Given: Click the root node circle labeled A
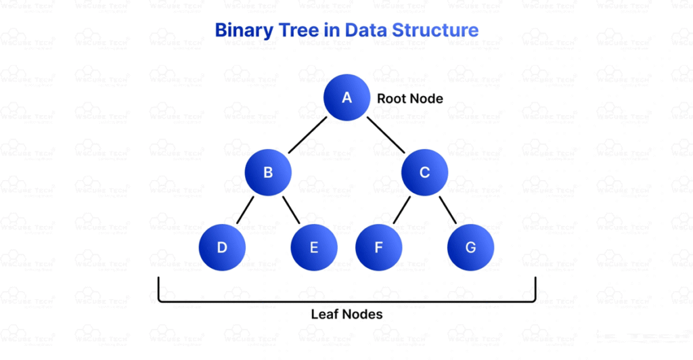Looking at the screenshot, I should [346, 97].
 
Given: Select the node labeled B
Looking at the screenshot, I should [268, 172].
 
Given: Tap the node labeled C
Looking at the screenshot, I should [424, 172].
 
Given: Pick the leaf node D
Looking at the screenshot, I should [222, 247].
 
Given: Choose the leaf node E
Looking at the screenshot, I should [314, 247].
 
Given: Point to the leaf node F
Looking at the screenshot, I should [379, 247].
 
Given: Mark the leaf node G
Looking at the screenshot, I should [470, 247].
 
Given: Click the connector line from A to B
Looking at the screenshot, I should [307, 135].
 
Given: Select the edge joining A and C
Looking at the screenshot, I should [386, 135].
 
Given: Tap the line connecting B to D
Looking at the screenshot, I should [244, 210].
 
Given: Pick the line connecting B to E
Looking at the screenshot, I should [292, 210].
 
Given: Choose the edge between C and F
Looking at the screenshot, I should [401, 210].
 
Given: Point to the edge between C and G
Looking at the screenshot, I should [448, 210].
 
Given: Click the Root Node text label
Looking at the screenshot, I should [409, 99].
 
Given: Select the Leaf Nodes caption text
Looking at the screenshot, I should [346, 315].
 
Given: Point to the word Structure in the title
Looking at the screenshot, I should [434, 30].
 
